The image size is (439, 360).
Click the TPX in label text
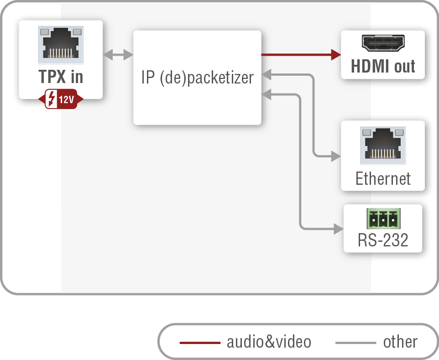pyautogui.click(x=61, y=76)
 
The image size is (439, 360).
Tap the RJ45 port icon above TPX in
pyautogui.click(x=61, y=45)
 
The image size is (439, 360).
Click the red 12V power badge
pyautogui.click(x=61, y=99)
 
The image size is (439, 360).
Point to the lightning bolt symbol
pyautogui.click(x=52, y=99)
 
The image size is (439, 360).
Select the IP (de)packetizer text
pyautogui.click(x=197, y=78)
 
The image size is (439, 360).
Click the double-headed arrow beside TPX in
pyautogui.click(x=118, y=55)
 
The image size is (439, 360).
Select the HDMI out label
pyautogui.click(x=383, y=67)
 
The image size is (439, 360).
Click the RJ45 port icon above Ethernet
pyautogui.click(x=383, y=145)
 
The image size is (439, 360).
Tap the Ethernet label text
pyautogui.click(x=383, y=178)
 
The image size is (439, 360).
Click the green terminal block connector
pyautogui.click(x=383, y=219)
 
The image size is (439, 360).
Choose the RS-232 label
pyautogui.click(x=383, y=240)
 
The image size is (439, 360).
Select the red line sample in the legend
pyautogui.click(x=200, y=342)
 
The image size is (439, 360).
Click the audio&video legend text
pyautogui.click(x=269, y=342)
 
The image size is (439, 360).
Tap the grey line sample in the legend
pyautogui.click(x=355, y=342)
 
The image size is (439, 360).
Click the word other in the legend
pyautogui.click(x=400, y=342)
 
